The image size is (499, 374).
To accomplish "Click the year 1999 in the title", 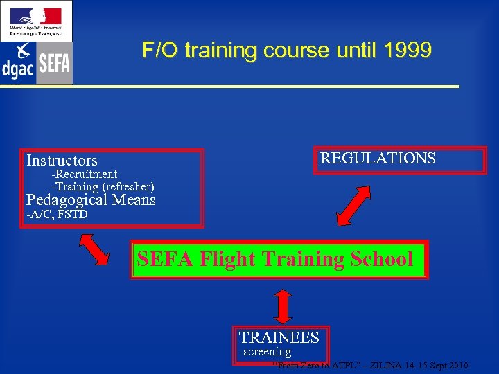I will click(407, 51).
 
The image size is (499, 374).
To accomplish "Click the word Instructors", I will click(62, 161).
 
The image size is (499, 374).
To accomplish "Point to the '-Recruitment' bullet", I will click(85, 175).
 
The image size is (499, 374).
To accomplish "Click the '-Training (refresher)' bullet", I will click(103, 187).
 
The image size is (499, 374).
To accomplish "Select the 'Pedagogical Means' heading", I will click(91, 200).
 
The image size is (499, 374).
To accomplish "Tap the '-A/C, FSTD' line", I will click(57, 215).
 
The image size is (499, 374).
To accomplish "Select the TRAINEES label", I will click(279, 338).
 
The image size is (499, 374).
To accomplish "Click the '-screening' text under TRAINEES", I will click(265, 352).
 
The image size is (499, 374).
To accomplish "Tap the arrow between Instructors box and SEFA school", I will click(94, 249).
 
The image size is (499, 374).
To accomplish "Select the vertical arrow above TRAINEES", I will click(281, 303).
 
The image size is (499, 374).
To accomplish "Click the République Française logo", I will click(35, 20).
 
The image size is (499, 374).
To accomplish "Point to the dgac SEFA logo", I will click(35, 63).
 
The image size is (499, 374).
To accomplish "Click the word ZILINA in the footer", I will click(383, 366).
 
